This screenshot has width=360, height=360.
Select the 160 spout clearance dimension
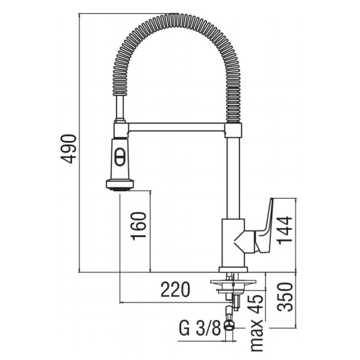[139, 226]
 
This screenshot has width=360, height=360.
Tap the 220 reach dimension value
[175, 289]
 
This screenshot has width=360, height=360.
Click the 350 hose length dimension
[285, 297]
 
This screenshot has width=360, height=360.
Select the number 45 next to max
[256, 304]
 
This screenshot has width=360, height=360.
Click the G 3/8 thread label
[199, 328]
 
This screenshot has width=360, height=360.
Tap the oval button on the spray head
[120, 157]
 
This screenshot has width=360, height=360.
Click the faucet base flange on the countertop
[233, 269]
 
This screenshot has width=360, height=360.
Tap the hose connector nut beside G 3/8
[229, 325]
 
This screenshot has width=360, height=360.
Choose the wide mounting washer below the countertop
[233, 282]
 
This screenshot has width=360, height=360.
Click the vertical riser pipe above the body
[233, 178]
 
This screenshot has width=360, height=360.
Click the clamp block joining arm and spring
[233, 130]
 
